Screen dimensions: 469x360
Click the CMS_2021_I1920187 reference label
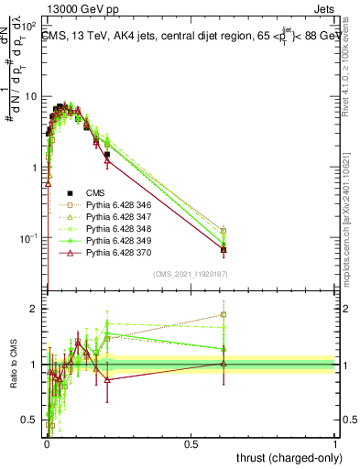tap(191, 274)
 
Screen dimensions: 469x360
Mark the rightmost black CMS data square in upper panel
tap(224, 249)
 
